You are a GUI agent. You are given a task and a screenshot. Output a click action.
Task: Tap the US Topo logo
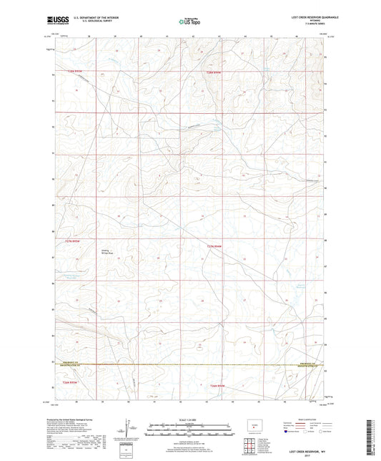click(189, 22)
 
